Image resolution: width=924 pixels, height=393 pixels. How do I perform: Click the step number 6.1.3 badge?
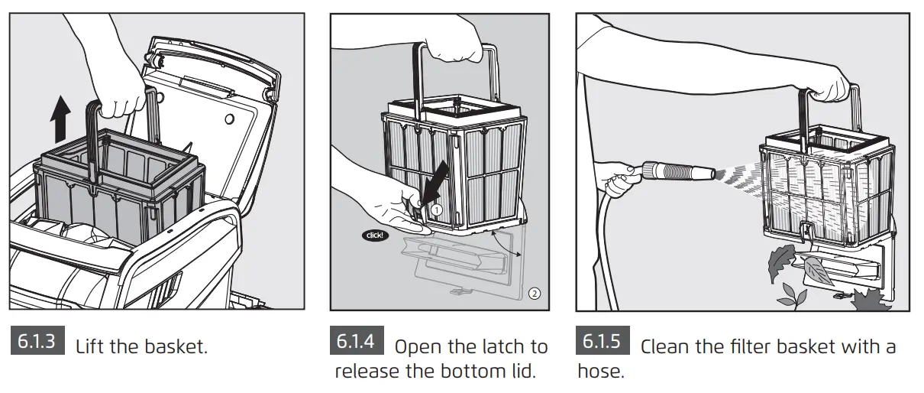pos(37,340)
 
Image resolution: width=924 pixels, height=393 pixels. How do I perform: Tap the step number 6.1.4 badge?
pos(357,340)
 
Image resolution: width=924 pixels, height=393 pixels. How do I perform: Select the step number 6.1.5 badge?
pos(603,340)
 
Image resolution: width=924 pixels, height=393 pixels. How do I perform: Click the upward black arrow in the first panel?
pos(60,119)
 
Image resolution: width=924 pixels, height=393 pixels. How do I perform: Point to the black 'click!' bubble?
pos(375,235)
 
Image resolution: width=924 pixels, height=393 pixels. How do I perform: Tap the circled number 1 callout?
pos(437,210)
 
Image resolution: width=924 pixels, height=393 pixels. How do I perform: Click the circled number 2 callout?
pos(535,294)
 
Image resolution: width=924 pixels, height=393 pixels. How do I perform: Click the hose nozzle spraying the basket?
pos(678,171)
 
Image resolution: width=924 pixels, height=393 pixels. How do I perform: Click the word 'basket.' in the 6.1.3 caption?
pos(176,347)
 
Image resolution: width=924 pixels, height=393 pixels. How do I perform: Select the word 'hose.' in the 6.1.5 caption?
pos(601,371)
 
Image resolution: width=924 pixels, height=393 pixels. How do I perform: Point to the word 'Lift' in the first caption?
pos(89,347)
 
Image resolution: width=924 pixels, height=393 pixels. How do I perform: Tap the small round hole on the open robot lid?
pos(229,119)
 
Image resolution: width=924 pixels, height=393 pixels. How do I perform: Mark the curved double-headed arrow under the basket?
pos(506,244)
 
